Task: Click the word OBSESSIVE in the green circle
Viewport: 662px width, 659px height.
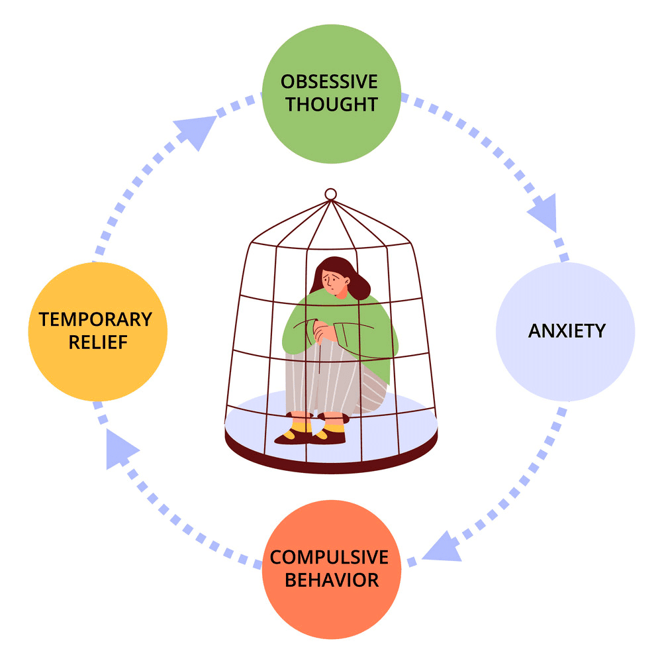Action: point(329,82)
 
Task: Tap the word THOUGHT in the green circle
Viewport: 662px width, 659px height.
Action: point(332,104)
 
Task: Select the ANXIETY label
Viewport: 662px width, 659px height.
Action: point(566,330)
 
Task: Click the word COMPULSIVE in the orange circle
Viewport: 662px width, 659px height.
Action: point(330,557)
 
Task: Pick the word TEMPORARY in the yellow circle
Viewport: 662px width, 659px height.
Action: point(95,319)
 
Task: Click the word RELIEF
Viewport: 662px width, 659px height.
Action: point(97,342)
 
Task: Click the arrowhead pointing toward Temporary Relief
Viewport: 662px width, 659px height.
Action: point(119,448)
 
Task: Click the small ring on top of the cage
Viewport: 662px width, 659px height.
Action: point(331,194)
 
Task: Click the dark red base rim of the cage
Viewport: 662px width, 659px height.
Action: point(331,461)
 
